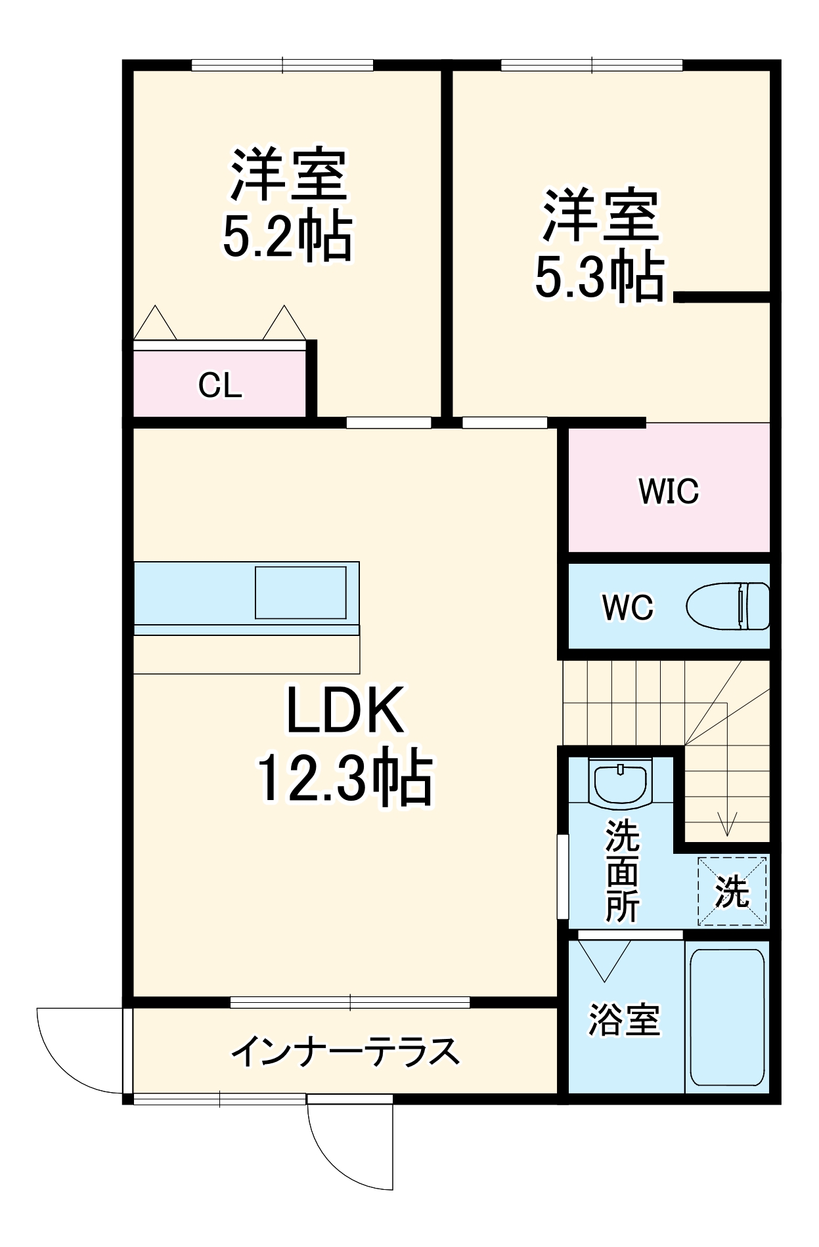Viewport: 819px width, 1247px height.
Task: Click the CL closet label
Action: pos(220,385)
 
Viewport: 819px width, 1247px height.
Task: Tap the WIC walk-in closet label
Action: pos(669,491)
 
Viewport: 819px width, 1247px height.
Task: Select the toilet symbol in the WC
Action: pos(728,606)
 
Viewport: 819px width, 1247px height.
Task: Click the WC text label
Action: pos(627,608)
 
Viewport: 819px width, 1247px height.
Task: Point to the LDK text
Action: pos(345,710)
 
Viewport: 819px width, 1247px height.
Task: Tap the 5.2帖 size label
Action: pos(288,236)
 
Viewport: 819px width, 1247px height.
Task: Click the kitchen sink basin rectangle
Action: pos(300,592)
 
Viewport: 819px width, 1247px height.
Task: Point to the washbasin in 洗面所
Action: pos(621,781)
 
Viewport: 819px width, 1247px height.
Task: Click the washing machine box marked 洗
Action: pos(732,891)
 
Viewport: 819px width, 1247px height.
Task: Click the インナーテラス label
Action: pos(345,1051)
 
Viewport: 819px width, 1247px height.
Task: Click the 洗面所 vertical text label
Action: pos(621,871)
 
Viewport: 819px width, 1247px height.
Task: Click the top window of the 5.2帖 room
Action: pos(282,65)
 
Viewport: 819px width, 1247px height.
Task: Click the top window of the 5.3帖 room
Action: pos(591,65)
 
